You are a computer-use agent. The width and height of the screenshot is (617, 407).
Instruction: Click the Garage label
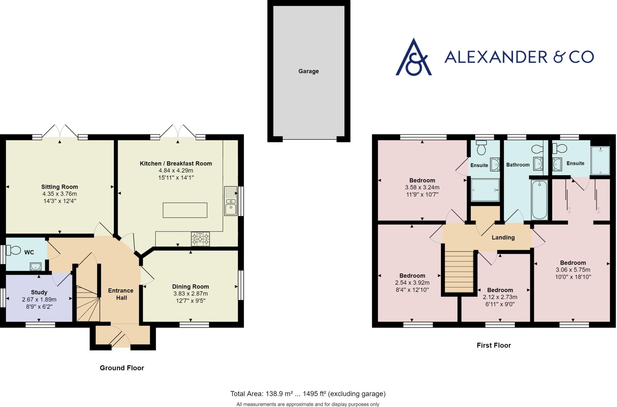pyautogui.click(x=308, y=71)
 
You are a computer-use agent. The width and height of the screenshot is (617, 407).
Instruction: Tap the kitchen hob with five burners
pyautogui.click(x=200, y=239)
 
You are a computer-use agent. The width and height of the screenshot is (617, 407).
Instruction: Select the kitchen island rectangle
pyautogui.click(x=185, y=210)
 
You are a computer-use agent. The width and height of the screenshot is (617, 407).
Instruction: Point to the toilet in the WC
pyautogui.click(x=14, y=250)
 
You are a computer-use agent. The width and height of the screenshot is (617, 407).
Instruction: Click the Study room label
pyautogui.click(x=39, y=292)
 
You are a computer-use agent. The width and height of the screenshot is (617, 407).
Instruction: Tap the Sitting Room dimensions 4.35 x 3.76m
pyautogui.click(x=60, y=194)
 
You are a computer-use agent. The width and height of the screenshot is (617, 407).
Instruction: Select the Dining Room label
pyautogui.click(x=190, y=286)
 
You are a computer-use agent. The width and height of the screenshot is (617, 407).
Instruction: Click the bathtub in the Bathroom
pyautogui.click(x=539, y=200)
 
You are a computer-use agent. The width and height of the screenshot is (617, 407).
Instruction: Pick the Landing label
pyautogui.click(x=503, y=237)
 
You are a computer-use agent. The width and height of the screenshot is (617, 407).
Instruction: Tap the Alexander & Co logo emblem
pyautogui.click(x=414, y=57)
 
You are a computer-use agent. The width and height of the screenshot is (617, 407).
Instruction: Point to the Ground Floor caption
pyautogui.click(x=122, y=368)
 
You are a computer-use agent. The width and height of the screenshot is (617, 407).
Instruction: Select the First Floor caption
pyautogui.click(x=494, y=345)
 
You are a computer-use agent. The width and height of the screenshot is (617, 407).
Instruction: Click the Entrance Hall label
pyautogui.click(x=121, y=294)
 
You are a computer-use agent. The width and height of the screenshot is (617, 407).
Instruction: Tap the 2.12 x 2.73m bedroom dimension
pyautogui.click(x=500, y=297)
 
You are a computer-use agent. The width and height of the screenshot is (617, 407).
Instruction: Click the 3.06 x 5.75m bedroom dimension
pyautogui.click(x=573, y=270)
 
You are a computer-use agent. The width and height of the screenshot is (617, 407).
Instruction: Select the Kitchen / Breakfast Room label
pyautogui.click(x=176, y=163)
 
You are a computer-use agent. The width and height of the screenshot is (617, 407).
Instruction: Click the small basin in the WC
pyautogui.click(x=36, y=266)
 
